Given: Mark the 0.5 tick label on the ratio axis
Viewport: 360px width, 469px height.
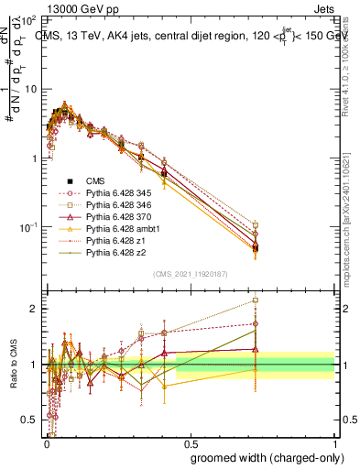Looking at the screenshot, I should pos(27,420).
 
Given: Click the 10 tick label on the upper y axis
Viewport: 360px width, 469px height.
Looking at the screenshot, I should pos(27,90).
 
